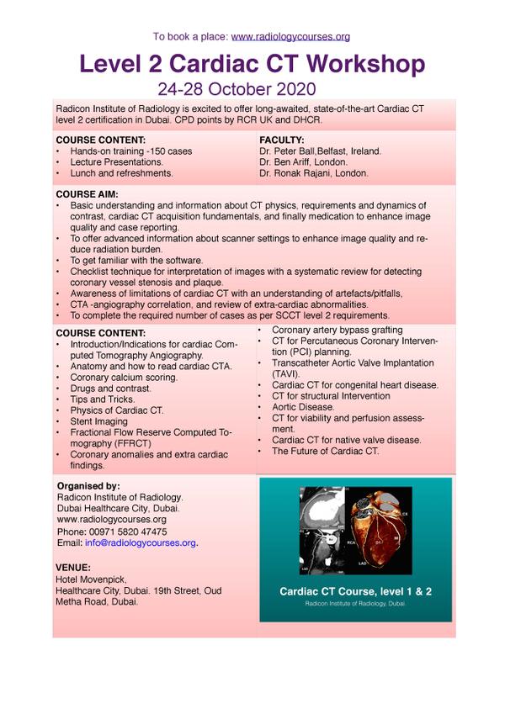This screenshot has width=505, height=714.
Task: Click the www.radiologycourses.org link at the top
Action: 290,37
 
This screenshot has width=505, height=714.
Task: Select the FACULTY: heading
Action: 282,140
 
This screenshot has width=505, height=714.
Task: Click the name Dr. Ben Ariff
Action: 290,162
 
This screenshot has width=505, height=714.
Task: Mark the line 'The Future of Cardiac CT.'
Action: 325,451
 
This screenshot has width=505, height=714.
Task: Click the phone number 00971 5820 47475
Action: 111,532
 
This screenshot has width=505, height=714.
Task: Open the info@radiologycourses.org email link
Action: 141,543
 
